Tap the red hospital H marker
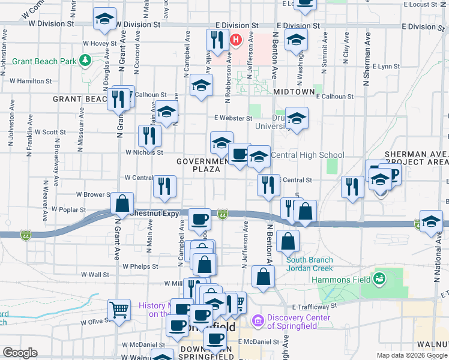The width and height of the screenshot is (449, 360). click(236, 40)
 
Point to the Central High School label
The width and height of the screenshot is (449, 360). click(308, 155)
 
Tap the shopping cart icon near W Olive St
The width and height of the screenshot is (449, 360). click(119, 310)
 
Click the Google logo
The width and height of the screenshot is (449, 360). click(20, 353)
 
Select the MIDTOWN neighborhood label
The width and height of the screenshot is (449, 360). click(294, 92)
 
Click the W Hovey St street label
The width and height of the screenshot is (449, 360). click(100, 43)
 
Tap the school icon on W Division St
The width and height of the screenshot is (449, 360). click(105, 19)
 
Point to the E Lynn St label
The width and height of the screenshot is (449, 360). click(385, 67)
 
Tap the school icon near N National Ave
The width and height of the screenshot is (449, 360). click(431, 221)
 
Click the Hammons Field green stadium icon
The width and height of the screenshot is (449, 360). click(379, 278)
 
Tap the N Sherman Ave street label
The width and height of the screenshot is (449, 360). click(366, 66)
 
